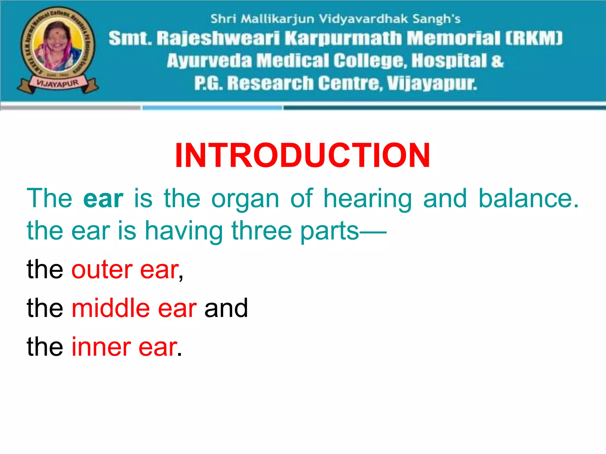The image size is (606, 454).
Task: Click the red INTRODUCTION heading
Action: click(302, 155)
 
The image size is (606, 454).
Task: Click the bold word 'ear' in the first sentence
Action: click(103, 199)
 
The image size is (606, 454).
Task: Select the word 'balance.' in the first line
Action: click(528, 199)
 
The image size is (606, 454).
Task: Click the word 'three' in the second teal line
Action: click(262, 231)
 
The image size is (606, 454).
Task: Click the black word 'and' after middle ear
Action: click(226, 308)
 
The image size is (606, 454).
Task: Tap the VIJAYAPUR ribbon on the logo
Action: click(58, 84)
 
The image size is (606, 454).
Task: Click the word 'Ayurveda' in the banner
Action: click(210, 61)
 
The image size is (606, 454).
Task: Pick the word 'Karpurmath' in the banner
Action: click(343, 39)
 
